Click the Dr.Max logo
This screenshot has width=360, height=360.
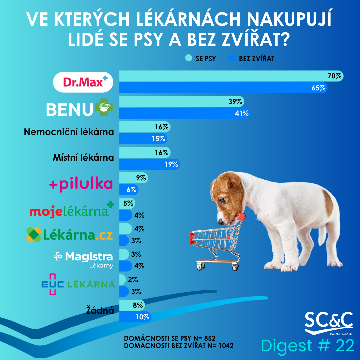click(83, 82)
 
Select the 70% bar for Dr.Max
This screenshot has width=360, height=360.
click(230, 76)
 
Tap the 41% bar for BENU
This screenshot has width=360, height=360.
click(183, 113)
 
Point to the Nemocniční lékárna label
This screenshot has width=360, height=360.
click(69, 132)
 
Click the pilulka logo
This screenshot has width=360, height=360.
click(81, 184)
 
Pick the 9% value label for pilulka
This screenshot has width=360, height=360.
click(141, 178)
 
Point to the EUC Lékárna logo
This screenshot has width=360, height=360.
click(78, 284)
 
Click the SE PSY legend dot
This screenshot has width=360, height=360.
click(189, 58)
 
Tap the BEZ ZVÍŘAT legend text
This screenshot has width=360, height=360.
click(256, 59)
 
